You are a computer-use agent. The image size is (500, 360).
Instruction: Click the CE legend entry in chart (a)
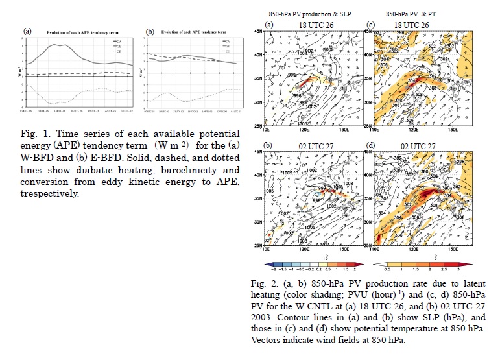(x=119, y=50)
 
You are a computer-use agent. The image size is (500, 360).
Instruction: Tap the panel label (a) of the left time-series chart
(x=28, y=30)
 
